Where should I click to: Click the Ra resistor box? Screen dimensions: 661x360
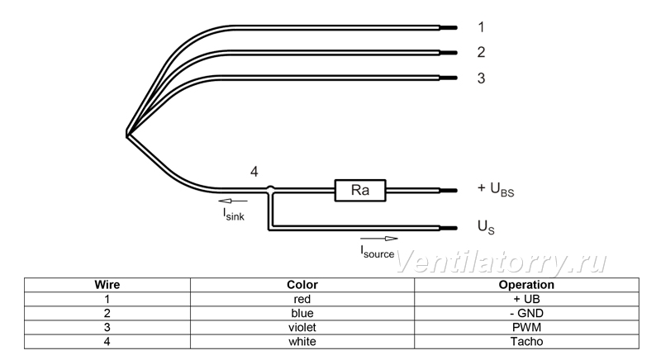(360, 190)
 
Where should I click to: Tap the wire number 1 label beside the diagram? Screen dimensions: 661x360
(481, 27)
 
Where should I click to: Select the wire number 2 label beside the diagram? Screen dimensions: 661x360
(481, 52)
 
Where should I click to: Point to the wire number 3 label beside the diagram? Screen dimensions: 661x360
(481, 78)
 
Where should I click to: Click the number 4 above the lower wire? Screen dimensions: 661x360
(254, 172)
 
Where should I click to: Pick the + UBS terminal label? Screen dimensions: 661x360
(496, 189)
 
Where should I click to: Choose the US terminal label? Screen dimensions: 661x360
(486, 227)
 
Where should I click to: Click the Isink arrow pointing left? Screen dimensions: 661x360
(233, 201)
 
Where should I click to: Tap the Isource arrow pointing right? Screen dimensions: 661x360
(379, 239)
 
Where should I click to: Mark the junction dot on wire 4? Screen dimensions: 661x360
(271, 189)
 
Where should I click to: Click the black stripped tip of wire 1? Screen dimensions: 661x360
(449, 28)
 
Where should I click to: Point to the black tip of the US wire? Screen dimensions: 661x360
(449, 228)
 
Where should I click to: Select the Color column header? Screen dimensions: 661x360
(302, 285)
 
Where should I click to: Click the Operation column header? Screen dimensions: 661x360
(526, 285)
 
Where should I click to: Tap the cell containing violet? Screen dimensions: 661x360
(302, 328)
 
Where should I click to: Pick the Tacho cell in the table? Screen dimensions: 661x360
(526, 342)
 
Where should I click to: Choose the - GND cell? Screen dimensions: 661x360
(526, 313)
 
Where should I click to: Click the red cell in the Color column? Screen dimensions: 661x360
(302, 300)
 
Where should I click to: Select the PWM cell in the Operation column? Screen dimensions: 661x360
(526, 328)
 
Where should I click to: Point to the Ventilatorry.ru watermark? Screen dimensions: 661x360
(502, 262)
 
